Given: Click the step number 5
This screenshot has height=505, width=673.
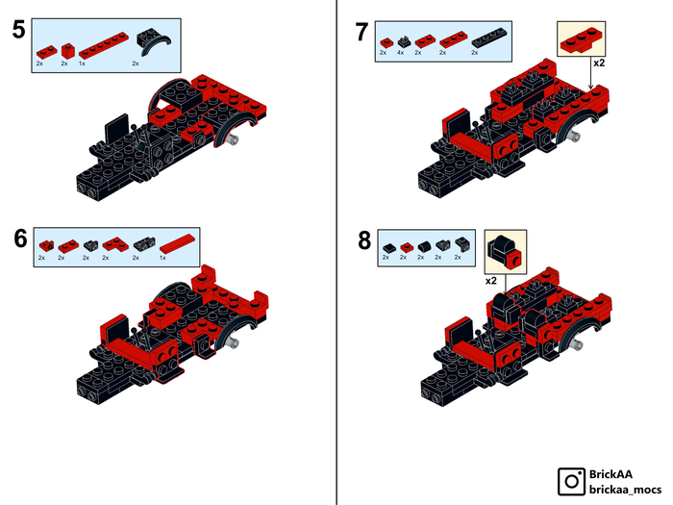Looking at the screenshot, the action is [19, 30].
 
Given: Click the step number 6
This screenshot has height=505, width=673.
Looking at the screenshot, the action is [20, 239].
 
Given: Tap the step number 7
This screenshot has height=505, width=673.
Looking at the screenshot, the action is [361, 32].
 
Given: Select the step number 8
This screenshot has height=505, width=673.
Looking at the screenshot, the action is [364, 240].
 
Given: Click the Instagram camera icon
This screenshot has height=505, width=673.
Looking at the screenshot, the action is [571, 481].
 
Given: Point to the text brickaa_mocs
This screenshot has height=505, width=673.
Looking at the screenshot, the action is [625, 489].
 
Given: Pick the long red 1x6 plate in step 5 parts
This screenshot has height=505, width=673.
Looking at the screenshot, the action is [104, 45].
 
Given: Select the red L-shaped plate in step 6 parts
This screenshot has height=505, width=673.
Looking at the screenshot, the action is [115, 244].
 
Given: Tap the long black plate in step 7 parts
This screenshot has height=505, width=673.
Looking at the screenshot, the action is [489, 38].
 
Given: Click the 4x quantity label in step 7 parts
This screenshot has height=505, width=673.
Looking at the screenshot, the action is [401, 53].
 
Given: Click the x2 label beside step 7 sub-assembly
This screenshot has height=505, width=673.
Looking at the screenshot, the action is [599, 63].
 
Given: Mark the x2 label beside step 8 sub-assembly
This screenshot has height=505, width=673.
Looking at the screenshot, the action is [491, 281].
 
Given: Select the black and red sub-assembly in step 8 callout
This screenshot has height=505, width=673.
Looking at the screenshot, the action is [505, 251].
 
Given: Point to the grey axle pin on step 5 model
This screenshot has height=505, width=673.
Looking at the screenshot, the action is [235, 139].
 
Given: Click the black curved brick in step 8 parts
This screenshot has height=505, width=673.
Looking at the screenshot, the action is [424, 246].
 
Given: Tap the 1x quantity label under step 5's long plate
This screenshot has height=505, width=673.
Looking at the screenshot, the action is [82, 63].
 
